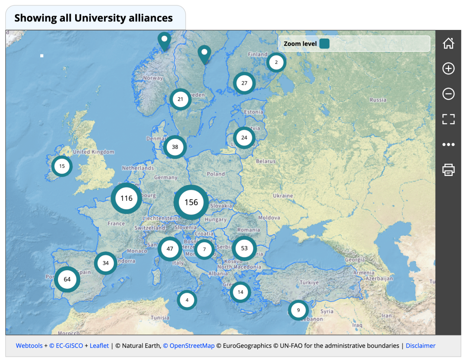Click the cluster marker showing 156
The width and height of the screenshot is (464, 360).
pyautogui.click(x=191, y=202)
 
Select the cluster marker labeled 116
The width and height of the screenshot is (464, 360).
pyautogui.click(x=126, y=198)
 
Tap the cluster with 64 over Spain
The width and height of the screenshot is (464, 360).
pyautogui.click(x=67, y=279)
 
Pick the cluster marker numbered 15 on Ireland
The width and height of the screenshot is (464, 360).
pyautogui.click(x=62, y=166)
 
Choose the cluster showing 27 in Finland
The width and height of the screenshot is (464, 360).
pyautogui.click(x=244, y=83)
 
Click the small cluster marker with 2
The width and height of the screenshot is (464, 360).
pyautogui.click(x=276, y=62)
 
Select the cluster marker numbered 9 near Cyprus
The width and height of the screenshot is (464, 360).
pyautogui.click(x=298, y=311)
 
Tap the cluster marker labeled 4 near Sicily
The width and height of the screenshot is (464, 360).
pyautogui.click(x=187, y=300)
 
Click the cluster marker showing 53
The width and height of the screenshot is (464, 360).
pyautogui.click(x=244, y=248)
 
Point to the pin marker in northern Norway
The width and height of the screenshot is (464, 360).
pyautogui.click(x=164, y=41)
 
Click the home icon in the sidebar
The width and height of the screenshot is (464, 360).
pyautogui.click(x=448, y=44)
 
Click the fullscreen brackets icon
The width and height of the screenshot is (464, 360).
pyautogui.click(x=448, y=119)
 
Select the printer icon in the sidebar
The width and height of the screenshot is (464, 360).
pyautogui.click(x=448, y=170)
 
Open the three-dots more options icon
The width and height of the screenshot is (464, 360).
pyautogui.click(x=448, y=145)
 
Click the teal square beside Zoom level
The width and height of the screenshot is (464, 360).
pyautogui.click(x=324, y=44)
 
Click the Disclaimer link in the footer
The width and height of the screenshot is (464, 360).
pyautogui.click(x=420, y=345)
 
